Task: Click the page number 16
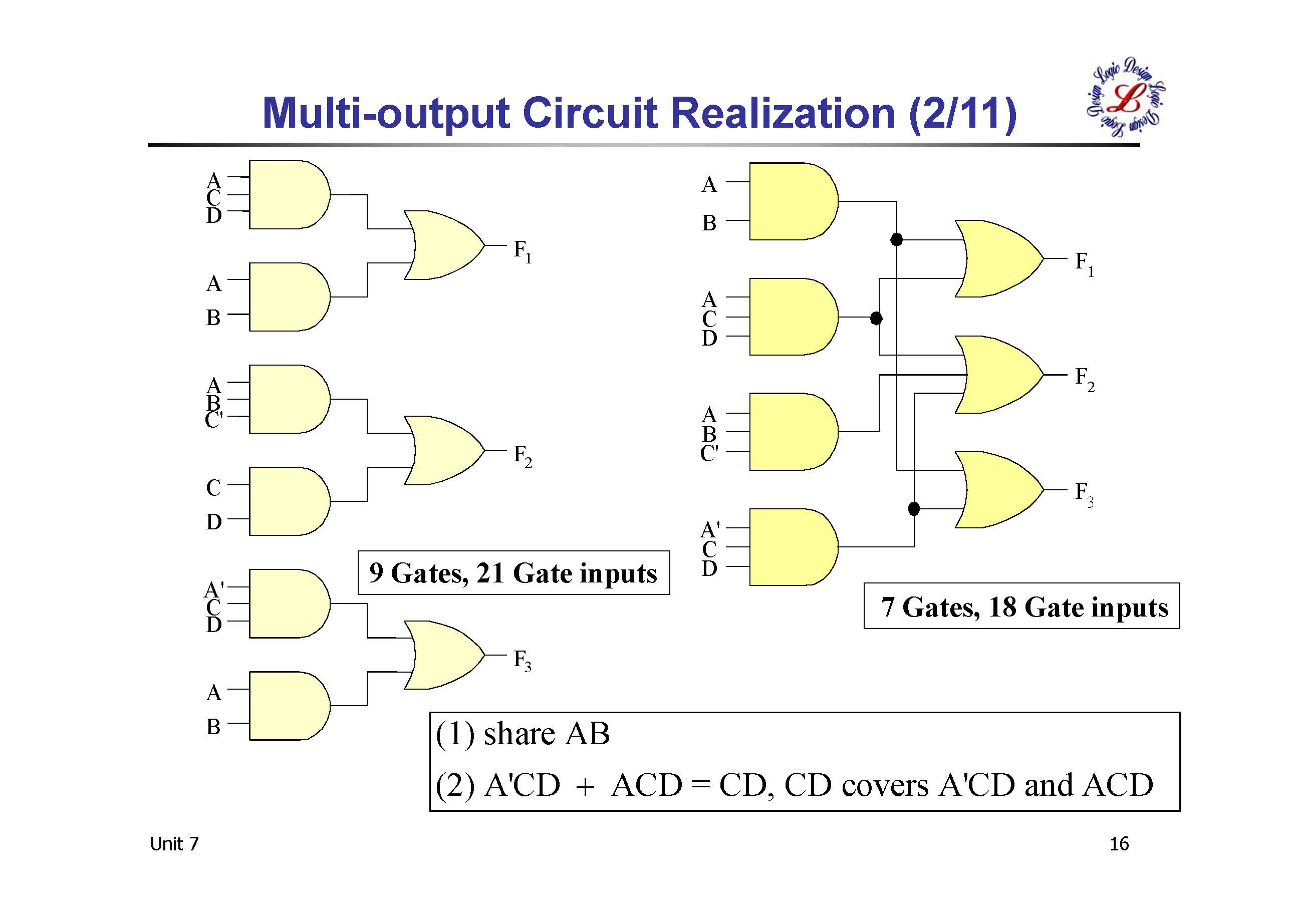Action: coord(1119,844)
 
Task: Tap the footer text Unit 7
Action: coord(174,844)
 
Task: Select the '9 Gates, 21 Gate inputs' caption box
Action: coord(513,573)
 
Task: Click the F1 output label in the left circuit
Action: coord(522,250)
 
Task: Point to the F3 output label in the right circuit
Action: coord(1084,493)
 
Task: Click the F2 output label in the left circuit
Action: coord(522,456)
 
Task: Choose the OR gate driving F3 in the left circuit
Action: coord(443,655)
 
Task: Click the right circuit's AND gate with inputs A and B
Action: coord(792,201)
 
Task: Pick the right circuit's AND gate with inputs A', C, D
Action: coord(792,547)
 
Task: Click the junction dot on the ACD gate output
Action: coord(876,318)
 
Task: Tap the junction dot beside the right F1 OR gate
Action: coord(897,240)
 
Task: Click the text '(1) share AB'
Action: coord(523,734)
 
